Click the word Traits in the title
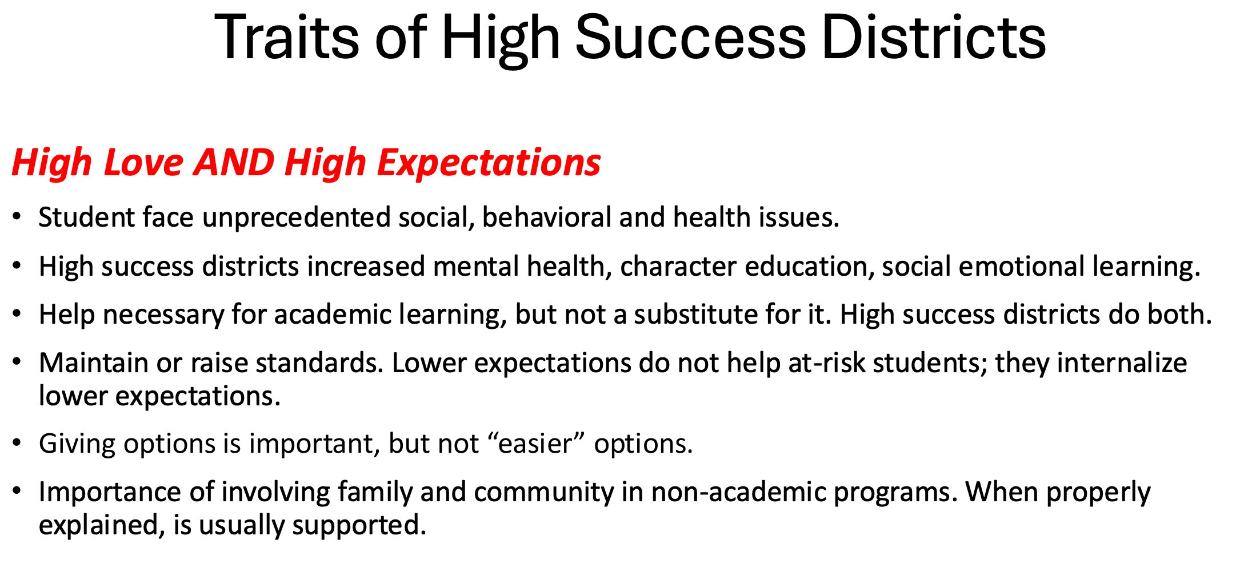pos(287,37)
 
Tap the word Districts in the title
pos(934,37)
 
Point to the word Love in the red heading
pos(143,162)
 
